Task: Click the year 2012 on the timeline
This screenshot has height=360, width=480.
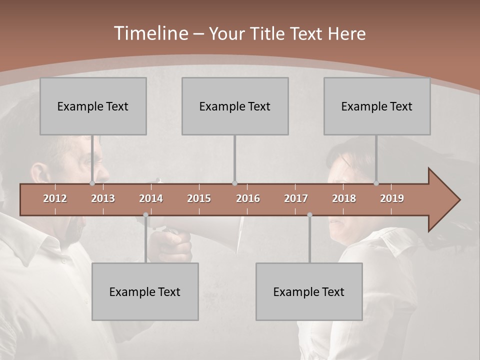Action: [x=55, y=198]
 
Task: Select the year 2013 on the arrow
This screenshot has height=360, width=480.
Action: [x=103, y=198]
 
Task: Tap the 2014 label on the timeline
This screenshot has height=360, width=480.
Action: [x=151, y=198]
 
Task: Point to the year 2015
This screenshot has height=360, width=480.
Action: [x=199, y=198]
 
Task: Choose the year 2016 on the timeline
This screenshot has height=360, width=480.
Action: [x=248, y=198]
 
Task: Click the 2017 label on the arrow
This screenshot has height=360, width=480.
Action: [x=296, y=198]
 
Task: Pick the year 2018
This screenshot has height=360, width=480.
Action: [x=344, y=198]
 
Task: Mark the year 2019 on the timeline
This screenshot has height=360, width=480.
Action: [x=392, y=198]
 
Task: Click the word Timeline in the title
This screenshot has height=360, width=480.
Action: [x=150, y=33]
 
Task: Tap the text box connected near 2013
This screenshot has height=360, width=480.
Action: [x=93, y=106]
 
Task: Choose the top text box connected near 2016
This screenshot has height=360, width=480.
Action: [x=235, y=106]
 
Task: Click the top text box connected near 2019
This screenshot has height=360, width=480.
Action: [x=377, y=106]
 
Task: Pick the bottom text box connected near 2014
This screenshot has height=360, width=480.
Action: [x=145, y=291]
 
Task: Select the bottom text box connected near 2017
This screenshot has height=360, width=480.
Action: [x=309, y=291]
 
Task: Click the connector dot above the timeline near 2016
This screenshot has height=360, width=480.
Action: [x=234, y=183]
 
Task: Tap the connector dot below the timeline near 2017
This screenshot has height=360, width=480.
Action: [x=309, y=215]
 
